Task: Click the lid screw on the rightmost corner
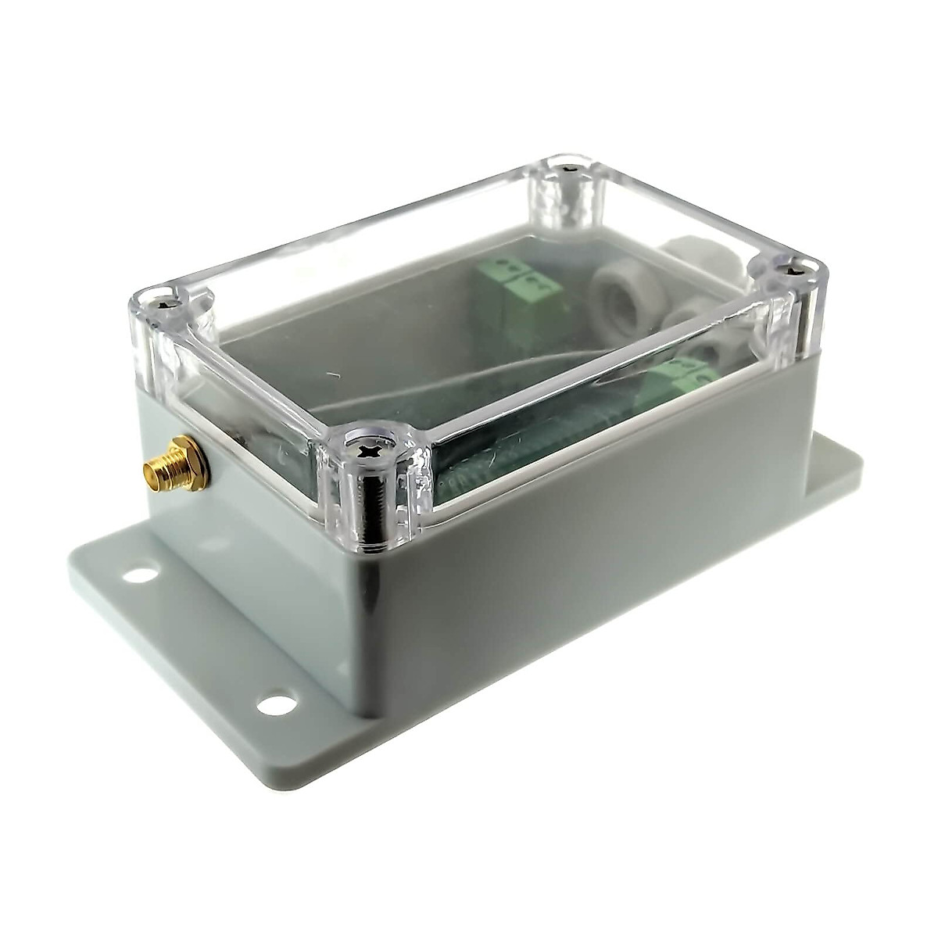pyautogui.click(x=794, y=271)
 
